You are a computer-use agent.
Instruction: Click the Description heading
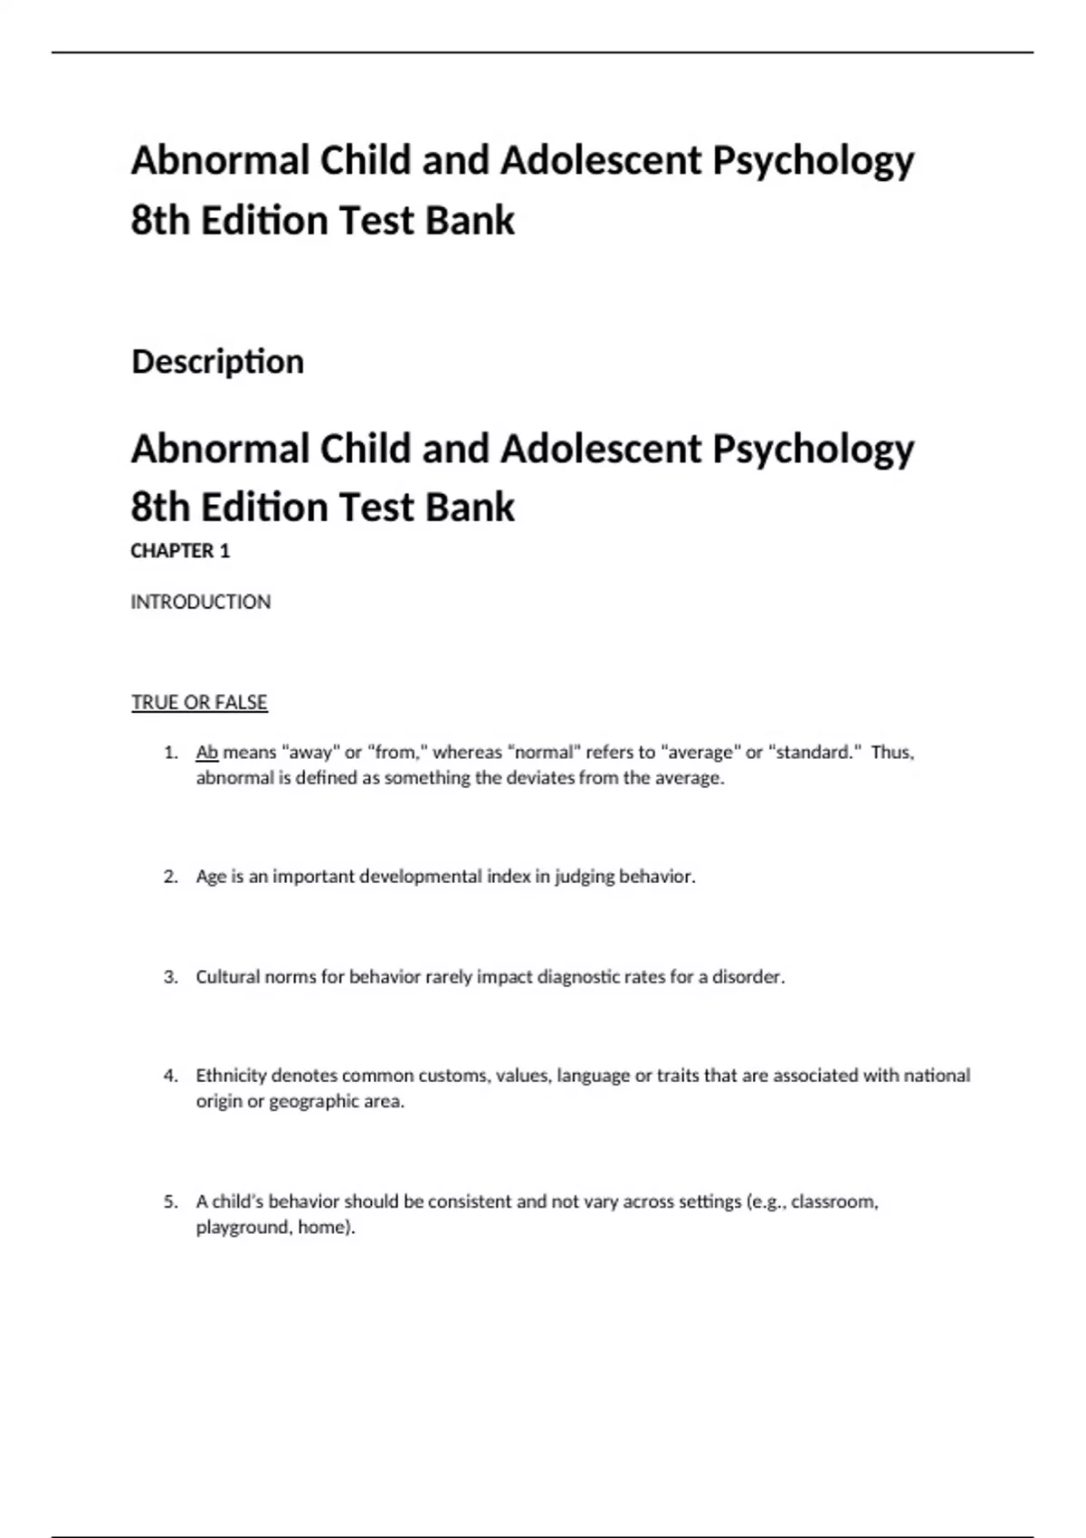coord(217,362)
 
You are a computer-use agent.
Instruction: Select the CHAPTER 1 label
coord(180,551)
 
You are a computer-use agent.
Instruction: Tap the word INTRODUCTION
coord(200,602)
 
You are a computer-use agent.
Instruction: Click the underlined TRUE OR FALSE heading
coord(199,702)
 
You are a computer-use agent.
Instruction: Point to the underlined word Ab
coord(207,752)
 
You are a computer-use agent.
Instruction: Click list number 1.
coord(170,752)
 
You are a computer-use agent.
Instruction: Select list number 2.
coord(170,876)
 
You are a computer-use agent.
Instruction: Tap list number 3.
coord(170,977)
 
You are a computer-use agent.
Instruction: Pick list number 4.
coord(170,1076)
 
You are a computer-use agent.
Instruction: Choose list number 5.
coord(170,1201)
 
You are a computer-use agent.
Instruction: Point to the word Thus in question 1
coord(892,752)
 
